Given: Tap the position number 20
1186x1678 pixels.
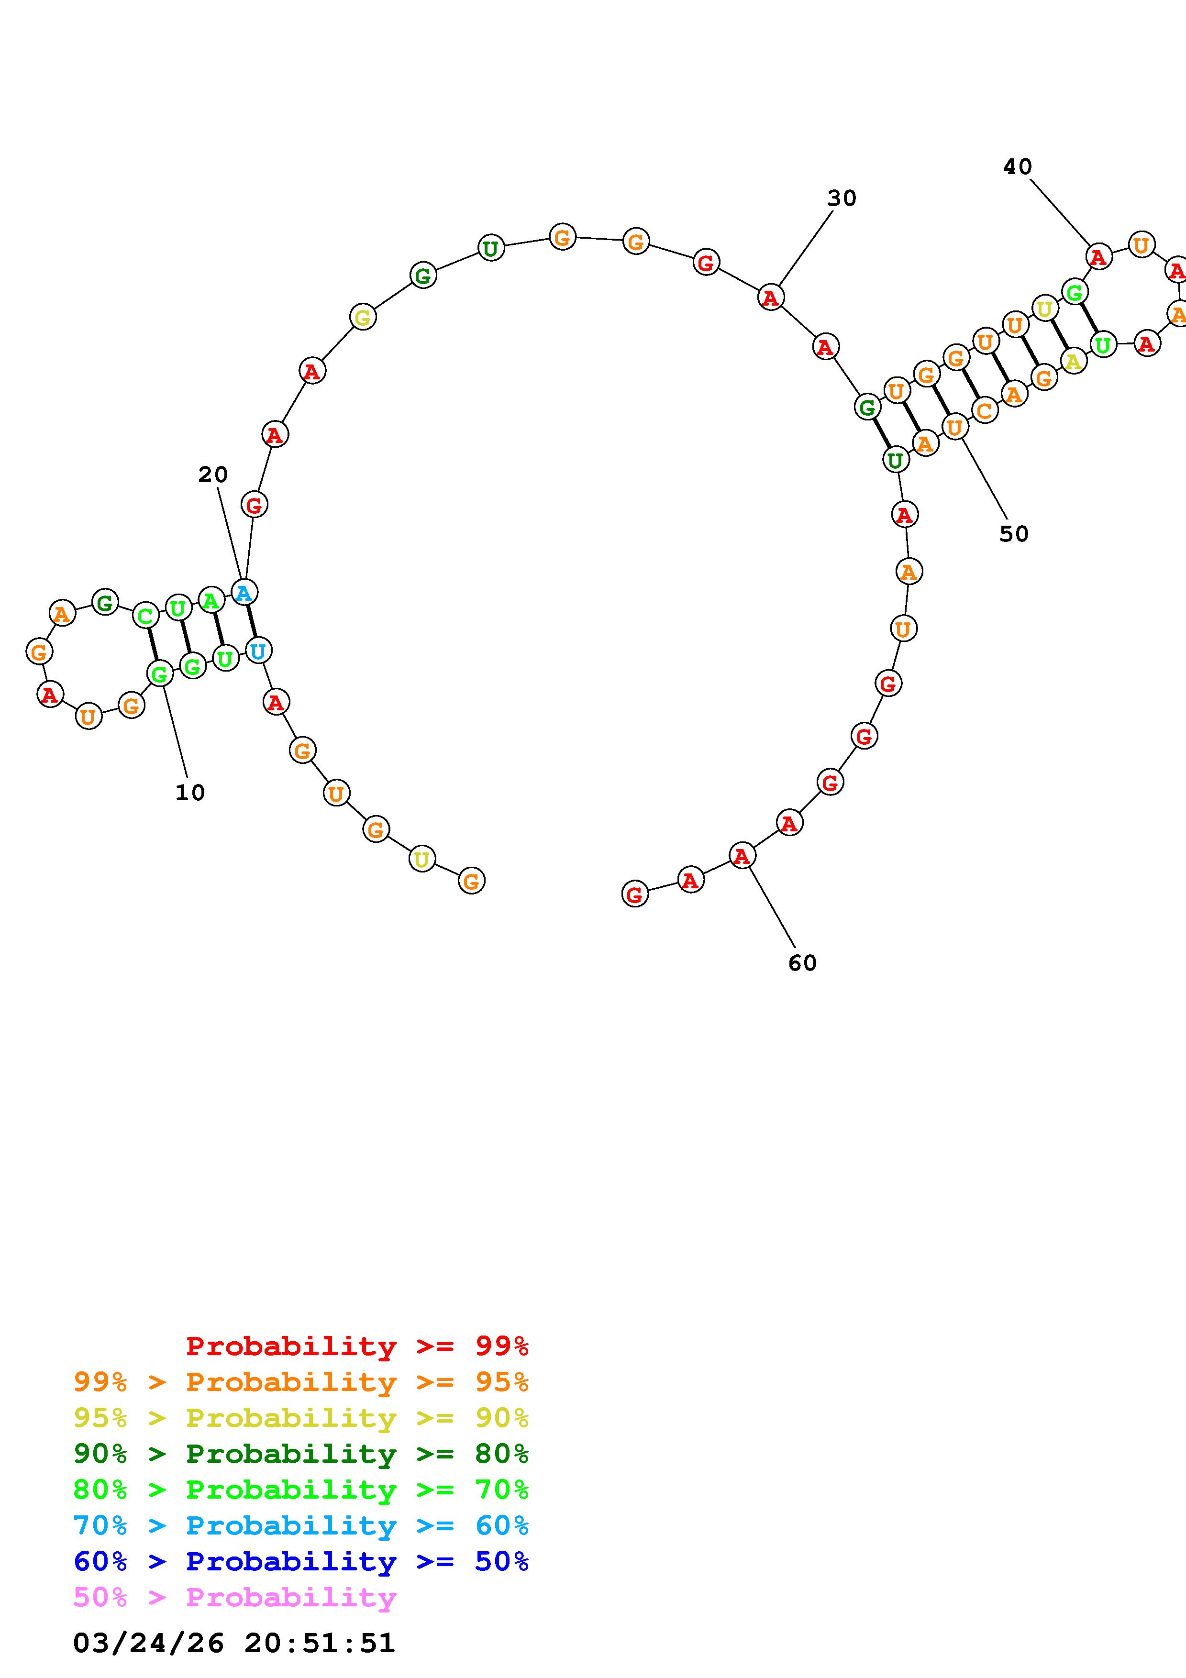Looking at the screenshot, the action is pyautogui.click(x=212, y=475).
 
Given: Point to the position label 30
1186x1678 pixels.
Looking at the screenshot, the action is pyautogui.click(x=842, y=198).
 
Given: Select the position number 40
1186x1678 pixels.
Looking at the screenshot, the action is pyautogui.click(x=1017, y=167).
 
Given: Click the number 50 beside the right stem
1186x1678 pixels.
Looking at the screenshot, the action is pyautogui.click(x=1014, y=534).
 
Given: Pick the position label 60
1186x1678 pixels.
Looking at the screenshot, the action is pyautogui.click(x=802, y=963).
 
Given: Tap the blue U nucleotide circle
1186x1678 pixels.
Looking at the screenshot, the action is pyautogui.click(x=258, y=650).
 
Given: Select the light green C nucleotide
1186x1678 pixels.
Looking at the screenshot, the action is pyautogui.click(x=146, y=616).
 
